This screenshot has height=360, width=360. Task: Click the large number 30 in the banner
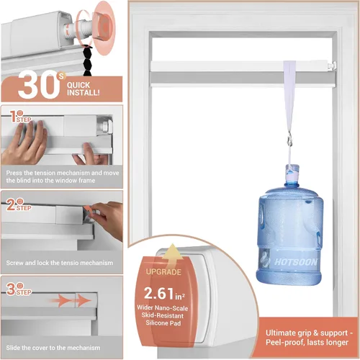click(38, 86)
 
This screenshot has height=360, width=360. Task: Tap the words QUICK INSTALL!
click(83, 89)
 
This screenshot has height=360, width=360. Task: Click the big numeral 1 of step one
click(14, 117)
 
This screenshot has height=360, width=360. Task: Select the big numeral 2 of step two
click(11, 205)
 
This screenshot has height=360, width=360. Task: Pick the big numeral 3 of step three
click(11, 289)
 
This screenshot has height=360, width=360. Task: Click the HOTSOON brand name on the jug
click(295, 262)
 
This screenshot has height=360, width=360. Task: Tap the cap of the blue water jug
click(292, 170)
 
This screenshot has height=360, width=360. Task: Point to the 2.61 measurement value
click(159, 294)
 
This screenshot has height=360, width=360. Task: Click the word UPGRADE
click(163, 272)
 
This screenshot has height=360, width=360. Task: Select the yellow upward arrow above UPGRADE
click(172, 255)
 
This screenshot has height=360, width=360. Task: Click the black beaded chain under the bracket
click(88, 60)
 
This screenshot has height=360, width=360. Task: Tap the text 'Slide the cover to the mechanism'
click(53, 348)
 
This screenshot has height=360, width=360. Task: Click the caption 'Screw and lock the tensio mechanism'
click(60, 263)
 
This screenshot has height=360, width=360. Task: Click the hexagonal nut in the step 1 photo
click(106, 125)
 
